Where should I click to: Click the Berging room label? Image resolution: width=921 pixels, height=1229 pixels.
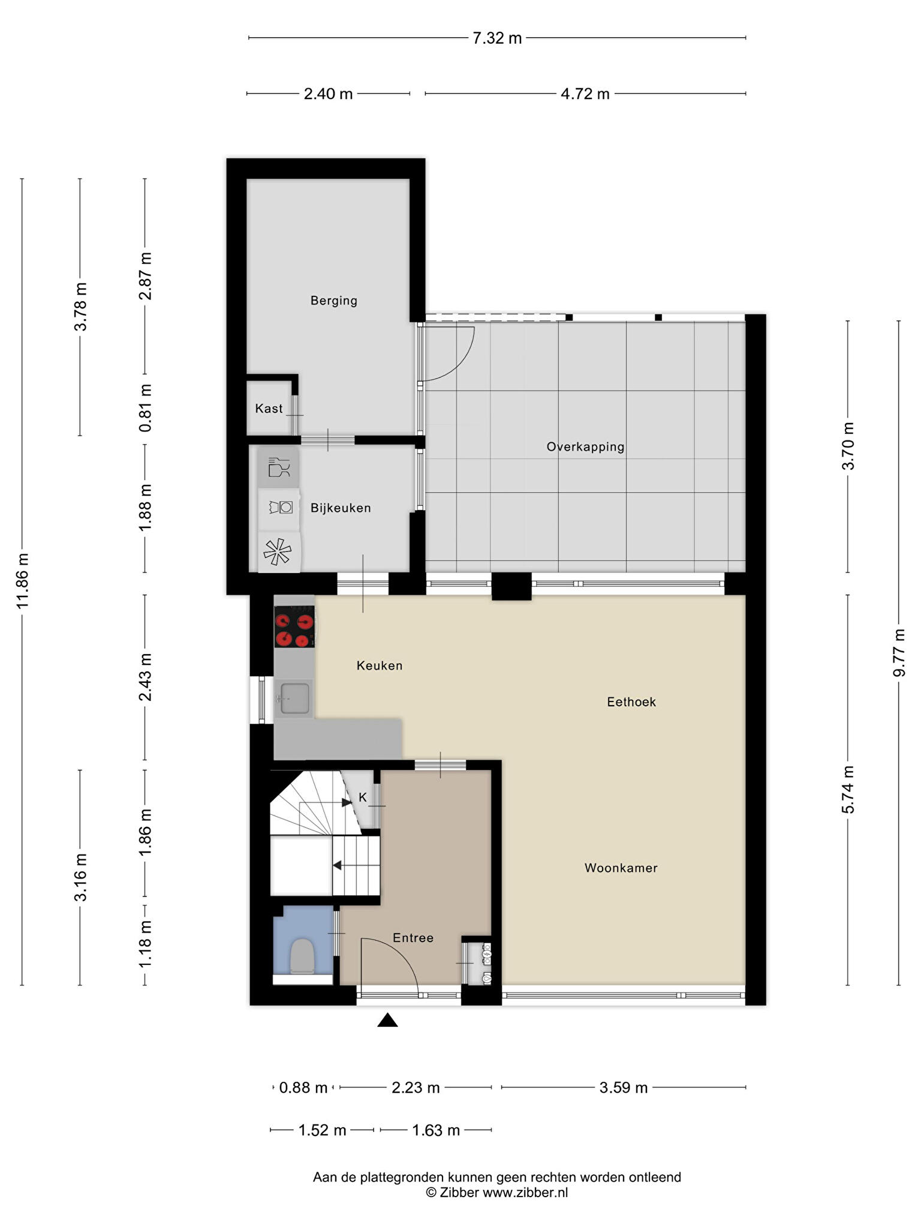[333, 301]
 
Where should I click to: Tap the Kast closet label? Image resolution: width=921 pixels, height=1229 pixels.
[269, 409]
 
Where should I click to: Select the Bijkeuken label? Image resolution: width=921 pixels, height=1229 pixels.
[341, 508]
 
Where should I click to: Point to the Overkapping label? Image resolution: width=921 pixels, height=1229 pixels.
[585, 447]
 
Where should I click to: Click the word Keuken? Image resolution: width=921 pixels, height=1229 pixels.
[380, 666]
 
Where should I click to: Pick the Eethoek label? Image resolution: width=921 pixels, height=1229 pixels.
[631, 702]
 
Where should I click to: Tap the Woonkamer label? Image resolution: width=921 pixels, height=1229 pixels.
[621, 868]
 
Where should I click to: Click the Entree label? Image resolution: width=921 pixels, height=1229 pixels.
[413, 938]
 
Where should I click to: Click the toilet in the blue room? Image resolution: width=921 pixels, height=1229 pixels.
[302, 957]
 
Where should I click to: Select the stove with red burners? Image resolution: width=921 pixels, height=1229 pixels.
[294, 627]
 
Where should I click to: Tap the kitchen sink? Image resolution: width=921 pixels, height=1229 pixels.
[294, 699]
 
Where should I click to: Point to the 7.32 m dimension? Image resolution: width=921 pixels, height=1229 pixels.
[497, 38]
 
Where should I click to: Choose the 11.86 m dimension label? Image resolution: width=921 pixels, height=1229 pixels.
[23, 581]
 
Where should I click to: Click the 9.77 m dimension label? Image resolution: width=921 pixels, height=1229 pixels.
[899, 653]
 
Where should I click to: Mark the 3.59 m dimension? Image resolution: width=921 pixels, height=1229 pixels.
[624, 1088]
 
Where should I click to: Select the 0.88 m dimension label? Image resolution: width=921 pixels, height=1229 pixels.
[303, 1088]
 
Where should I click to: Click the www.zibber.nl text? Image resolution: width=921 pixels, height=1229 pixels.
[525, 1192]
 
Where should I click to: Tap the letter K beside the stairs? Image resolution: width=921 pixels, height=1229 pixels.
[363, 798]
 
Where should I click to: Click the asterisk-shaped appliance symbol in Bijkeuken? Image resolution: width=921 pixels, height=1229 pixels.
[278, 552]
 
